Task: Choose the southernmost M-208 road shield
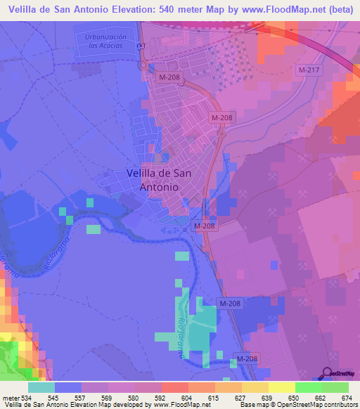247,359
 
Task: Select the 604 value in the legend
174,397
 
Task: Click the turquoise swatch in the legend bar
41,387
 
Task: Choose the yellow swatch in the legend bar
282,387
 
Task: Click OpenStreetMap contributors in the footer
319,405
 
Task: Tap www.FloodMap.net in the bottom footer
181,405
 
